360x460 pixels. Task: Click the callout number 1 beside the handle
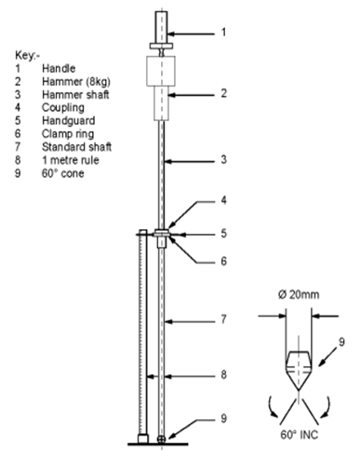(222, 33)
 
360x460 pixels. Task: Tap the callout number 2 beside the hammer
(222, 93)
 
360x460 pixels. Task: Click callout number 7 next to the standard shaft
(222, 320)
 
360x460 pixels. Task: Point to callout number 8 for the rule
(222, 376)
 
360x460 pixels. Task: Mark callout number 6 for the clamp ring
(222, 262)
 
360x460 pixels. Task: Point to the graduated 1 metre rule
(141, 335)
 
